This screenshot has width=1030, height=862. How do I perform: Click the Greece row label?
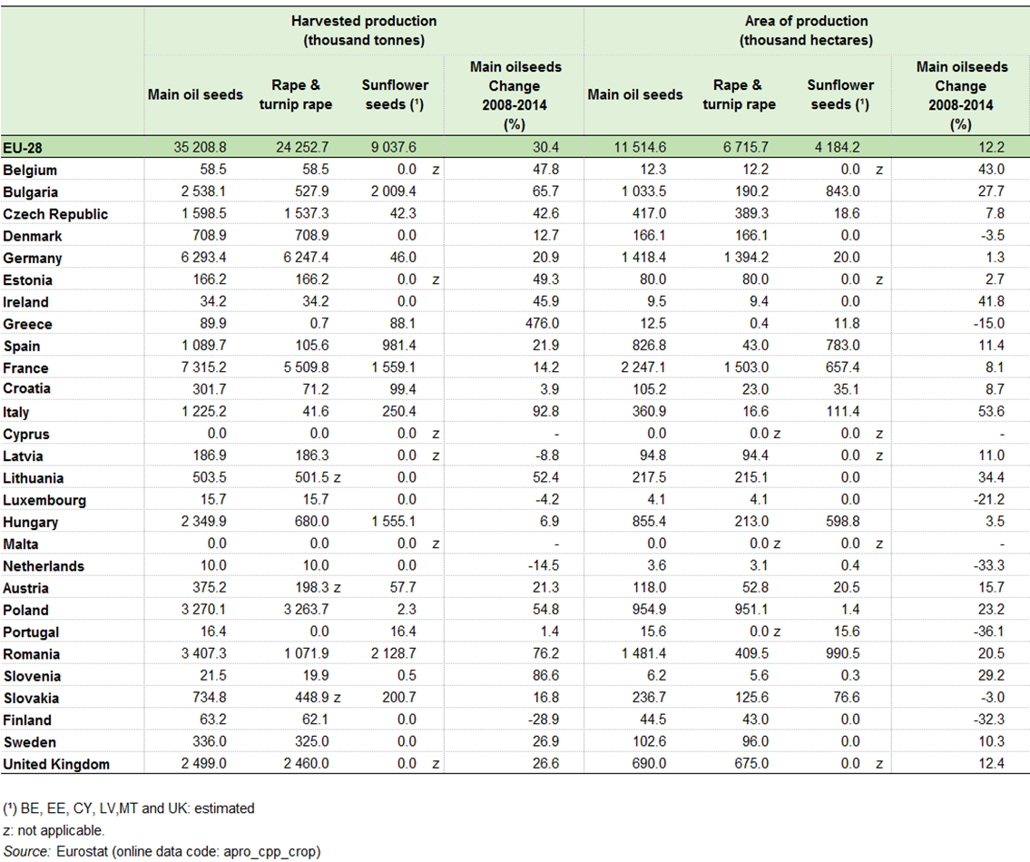pyautogui.click(x=27, y=324)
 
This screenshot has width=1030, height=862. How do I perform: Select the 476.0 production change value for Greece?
pyautogui.click(x=542, y=323)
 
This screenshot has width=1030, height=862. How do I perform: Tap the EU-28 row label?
pyautogui.click(x=23, y=148)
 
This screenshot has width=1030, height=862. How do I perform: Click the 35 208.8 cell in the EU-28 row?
pyautogui.click(x=200, y=147)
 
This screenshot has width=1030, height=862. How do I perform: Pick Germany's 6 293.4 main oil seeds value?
pyautogui.click(x=203, y=257)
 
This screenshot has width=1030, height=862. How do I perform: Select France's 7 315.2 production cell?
pyautogui.click(x=203, y=367)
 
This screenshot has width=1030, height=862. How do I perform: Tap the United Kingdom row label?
pyautogui.click(x=56, y=764)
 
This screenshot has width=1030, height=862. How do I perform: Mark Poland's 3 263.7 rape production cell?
pyautogui.click(x=306, y=610)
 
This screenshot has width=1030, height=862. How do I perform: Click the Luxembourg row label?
pyautogui.click(x=44, y=500)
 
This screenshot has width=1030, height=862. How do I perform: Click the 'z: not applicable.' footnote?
pyautogui.click(x=54, y=830)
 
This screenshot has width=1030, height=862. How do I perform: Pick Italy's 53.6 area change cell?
pyautogui.click(x=991, y=411)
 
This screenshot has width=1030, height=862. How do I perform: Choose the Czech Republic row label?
pyautogui.click(x=55, y=214)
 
